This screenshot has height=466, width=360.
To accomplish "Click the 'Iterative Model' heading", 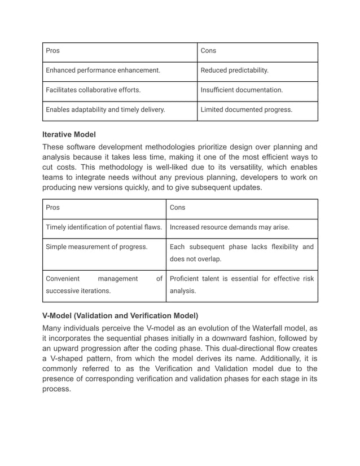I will [x=69, y=135].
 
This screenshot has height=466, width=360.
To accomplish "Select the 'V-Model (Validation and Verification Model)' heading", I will [x=120, y=315].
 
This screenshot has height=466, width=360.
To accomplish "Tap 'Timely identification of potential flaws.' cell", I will [x=104, y=227].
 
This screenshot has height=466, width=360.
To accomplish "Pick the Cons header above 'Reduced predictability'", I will [x=209, y=51].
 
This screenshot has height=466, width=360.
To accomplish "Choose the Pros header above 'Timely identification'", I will [x=52, y=208].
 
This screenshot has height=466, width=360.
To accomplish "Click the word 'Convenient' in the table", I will [x=63, y=278].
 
